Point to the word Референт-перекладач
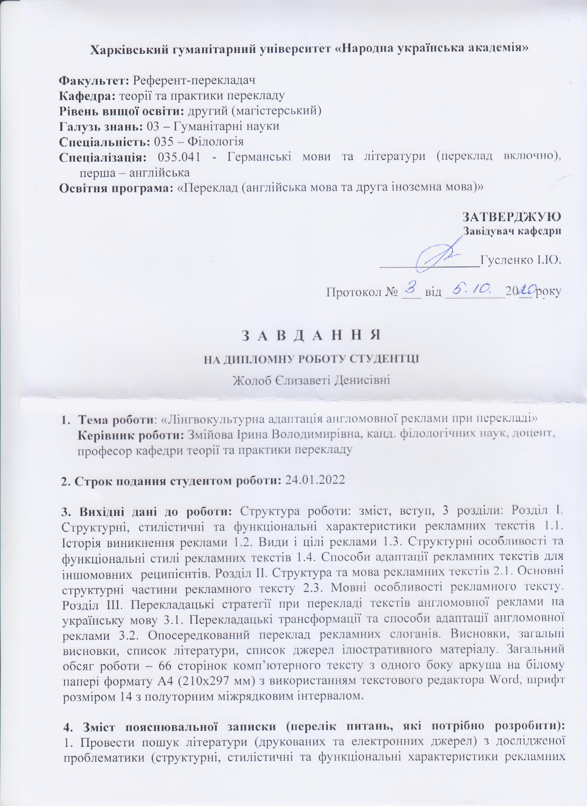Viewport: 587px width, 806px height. click(x=194, y=80)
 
